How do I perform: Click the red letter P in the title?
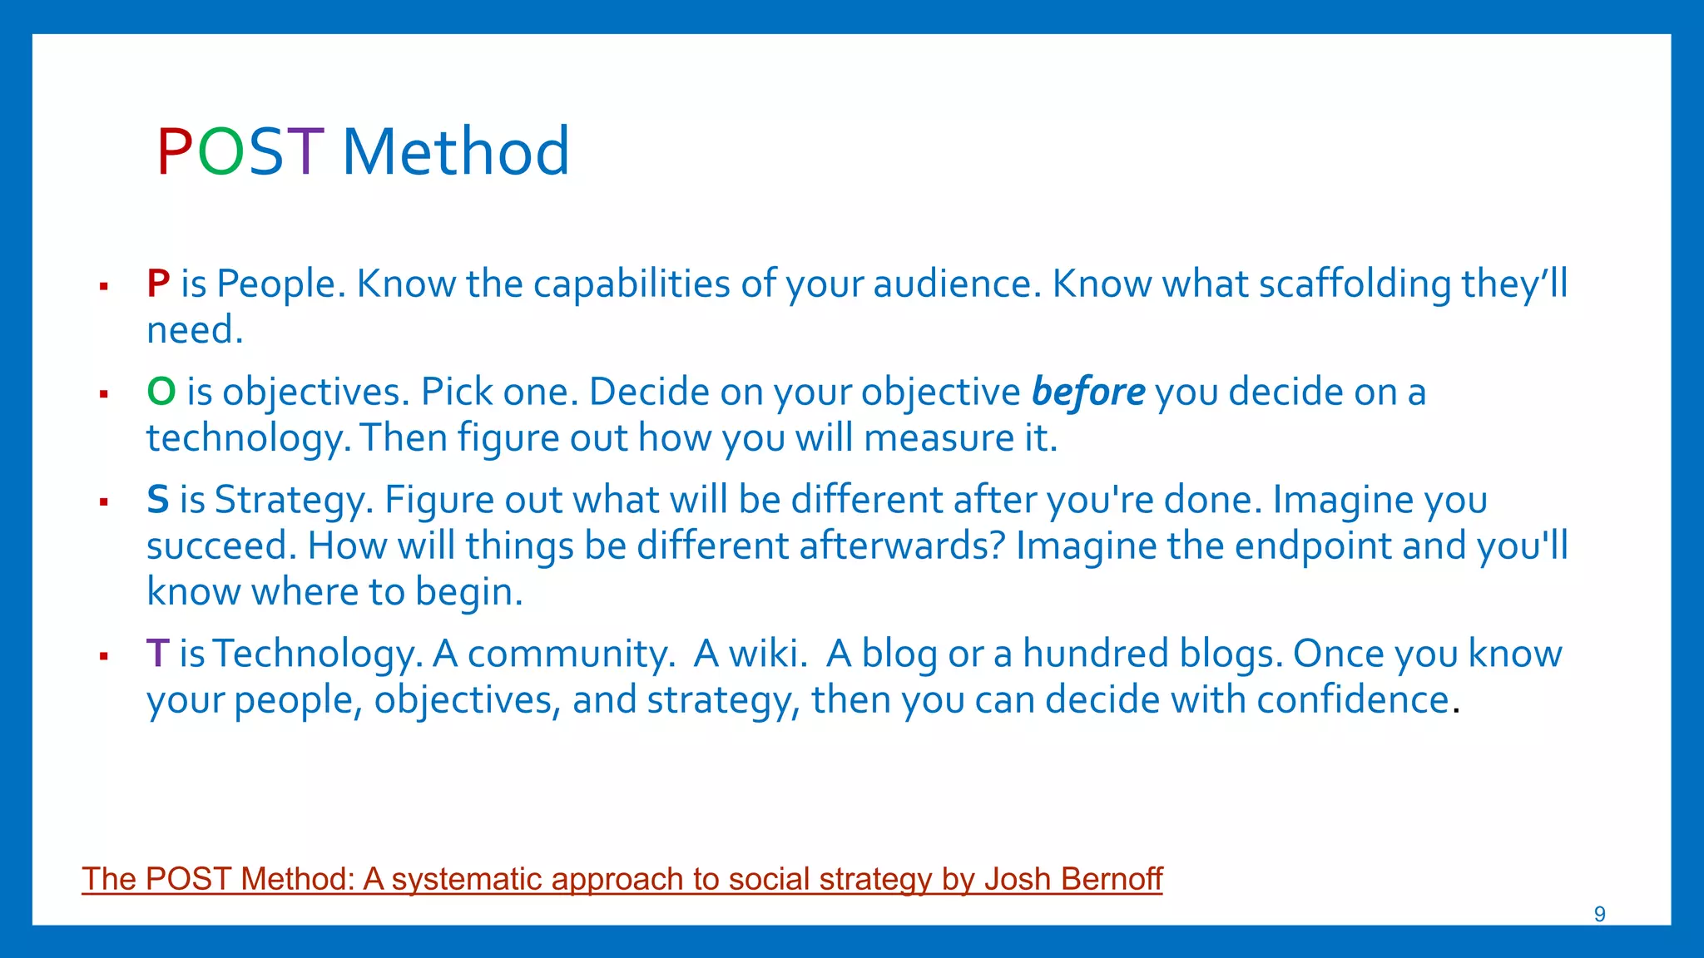coord(175,152)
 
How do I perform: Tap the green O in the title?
coord(221,152)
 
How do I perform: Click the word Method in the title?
coord(456,152)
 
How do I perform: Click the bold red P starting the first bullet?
coord(158,284)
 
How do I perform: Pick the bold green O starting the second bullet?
coord(161,392)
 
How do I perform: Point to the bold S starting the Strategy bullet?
coord(157,500)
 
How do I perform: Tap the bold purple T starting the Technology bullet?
coord(157,654)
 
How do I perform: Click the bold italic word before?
coord(1088,392)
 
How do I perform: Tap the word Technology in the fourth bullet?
coord(317,654)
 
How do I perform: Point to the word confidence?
coord(1353,699)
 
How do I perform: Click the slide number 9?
coord(1599,914)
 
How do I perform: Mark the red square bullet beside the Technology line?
coord(104,656)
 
